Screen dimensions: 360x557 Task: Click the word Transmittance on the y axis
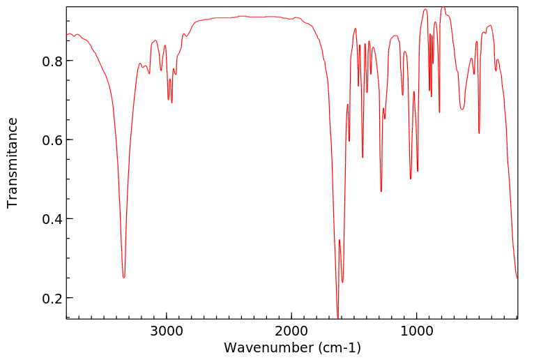[x=13, y=163]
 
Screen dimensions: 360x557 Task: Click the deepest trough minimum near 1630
[x=337, y=317]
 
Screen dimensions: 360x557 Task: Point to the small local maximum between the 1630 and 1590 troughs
[x=339, y=240]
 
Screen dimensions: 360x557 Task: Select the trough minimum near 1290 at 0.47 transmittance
[x=381, y=191]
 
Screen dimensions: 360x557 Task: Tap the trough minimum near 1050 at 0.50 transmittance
[x=411, y=179]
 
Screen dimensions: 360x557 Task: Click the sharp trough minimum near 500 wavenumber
[x=479, y=133]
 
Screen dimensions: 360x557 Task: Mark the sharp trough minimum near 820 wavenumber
[x=439, y=112]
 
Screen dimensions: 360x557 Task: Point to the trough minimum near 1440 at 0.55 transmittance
[x=363, y=158]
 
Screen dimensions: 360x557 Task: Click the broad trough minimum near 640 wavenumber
[x=462, y=109]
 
